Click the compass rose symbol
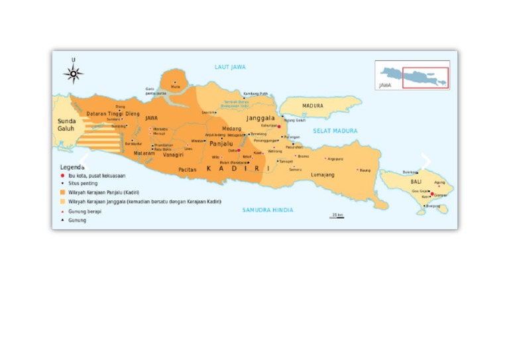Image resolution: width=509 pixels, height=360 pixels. tap(73, 74)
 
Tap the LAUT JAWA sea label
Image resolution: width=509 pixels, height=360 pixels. tap(230, 67)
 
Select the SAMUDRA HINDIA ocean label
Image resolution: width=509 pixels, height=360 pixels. tap(267, 210)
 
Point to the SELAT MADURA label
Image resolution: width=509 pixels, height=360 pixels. tap(335, 131)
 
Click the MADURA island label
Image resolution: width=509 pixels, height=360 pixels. tap(313, 106)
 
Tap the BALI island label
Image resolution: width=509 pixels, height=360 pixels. tap(416, 181)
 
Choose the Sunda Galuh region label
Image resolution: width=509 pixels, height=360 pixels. tap(66, 125)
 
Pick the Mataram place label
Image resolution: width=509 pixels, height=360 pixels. tap(144, 153)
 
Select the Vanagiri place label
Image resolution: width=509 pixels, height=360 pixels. tap(173, 154)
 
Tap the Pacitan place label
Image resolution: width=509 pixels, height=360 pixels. tap(188, 170)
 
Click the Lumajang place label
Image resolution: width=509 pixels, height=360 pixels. tap(323, 175)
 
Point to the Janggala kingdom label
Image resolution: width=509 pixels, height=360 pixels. tap(260, 118)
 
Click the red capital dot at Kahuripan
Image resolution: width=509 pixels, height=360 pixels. tap(279, 126)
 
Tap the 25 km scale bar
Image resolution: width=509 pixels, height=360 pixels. tap(337, 216)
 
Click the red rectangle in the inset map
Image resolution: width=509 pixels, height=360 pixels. tap(425, 78)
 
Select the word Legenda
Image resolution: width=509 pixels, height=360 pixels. tap(72, 167)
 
